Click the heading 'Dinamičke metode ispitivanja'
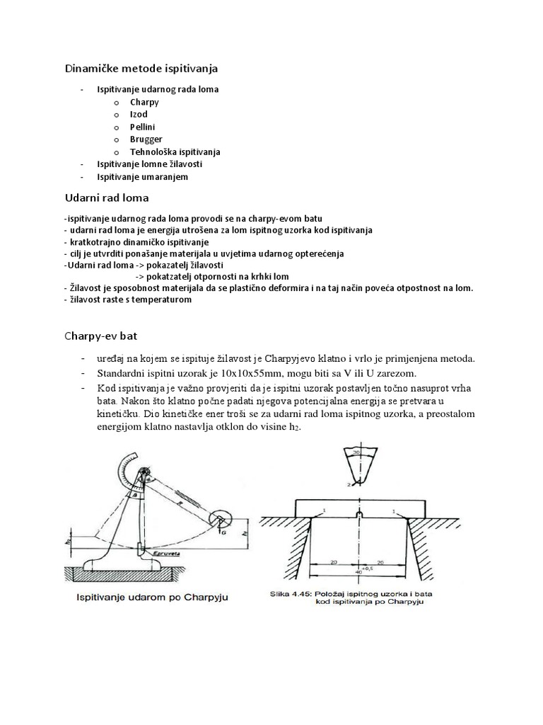click(x=141, y=69)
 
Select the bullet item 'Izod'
click(x=139, y=114)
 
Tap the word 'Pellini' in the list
click(x=142, y=127)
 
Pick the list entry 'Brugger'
click(x=146, y=139)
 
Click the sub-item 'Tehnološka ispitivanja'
click(x=175, y=152)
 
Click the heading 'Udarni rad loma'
click(x=107, y=198)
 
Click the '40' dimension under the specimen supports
click(x=361, y=571)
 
